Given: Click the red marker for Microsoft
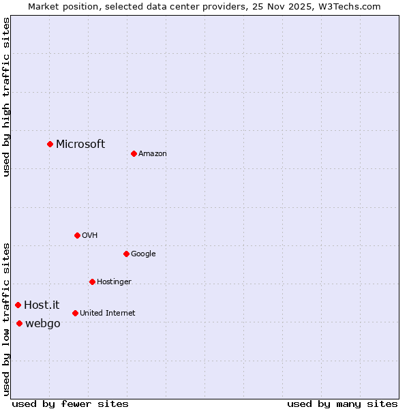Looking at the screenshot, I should [x=50, y=144].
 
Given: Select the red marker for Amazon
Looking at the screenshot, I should [x=134, y=153].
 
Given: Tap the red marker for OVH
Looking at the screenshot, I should [x=77, y=235].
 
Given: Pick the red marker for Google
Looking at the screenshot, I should [x=126, y=254].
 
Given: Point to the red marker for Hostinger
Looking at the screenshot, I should [x=92, y=282].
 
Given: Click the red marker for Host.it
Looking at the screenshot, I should [x=18, y=305].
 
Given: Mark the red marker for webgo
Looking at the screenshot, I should [x=19, y=323].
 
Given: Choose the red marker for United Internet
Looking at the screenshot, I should [x=75, y=313].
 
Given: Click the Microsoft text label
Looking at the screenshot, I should [x=80, y=144].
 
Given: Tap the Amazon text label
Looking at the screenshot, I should [x=152, y=153].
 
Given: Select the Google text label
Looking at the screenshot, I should [x=143, y=254].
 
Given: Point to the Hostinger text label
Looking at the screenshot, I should [x=114, y=282].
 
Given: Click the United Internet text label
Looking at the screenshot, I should [x=107, y=313].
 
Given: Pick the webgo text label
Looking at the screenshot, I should [x=42, y=323].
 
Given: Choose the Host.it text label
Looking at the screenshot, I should [x=42, y=305].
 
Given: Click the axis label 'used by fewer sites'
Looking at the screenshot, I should [x=70, y=404].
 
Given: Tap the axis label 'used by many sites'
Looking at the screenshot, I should [x=342, y=404].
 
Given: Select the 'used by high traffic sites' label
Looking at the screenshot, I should [x=6, y=97].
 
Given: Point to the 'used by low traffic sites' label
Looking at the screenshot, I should [x=6, y=318].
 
